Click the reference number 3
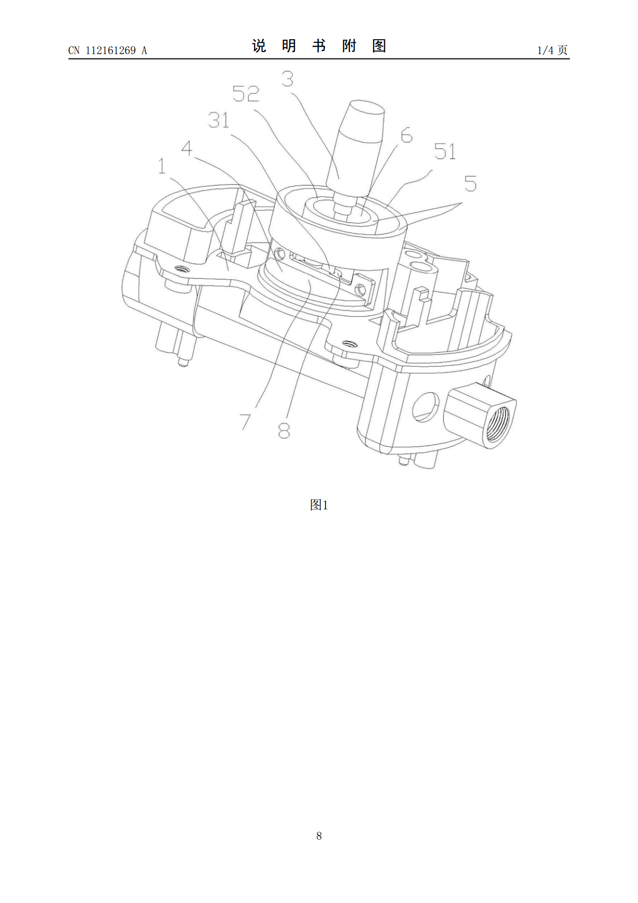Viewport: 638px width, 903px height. [x=287, y=79]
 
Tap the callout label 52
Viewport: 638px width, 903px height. [x=246, y=94]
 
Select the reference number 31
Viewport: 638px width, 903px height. [x=218, y=120]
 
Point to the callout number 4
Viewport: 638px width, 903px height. [x=187, y=149]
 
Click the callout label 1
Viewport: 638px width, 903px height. [x=162, y=166]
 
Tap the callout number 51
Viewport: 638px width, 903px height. [x=445, y=152]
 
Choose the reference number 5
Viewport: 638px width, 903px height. [x=470, y=183]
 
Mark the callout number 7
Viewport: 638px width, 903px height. [x=246, y=421]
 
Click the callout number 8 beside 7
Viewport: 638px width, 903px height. [x=284, y=430]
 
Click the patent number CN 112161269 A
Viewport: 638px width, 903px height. [x=108, y=50]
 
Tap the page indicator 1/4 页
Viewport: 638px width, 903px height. [x=553, y=50]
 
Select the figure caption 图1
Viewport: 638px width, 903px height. [x=319, y=505]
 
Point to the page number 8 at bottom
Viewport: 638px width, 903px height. [x=319, y=836]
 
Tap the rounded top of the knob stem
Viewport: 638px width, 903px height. [x=366, y=107]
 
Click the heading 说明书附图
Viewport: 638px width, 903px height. [x=319, y=46]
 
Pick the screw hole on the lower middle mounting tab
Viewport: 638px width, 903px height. [x=348, y=344]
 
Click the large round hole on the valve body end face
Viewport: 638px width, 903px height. [x=426, y=407]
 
